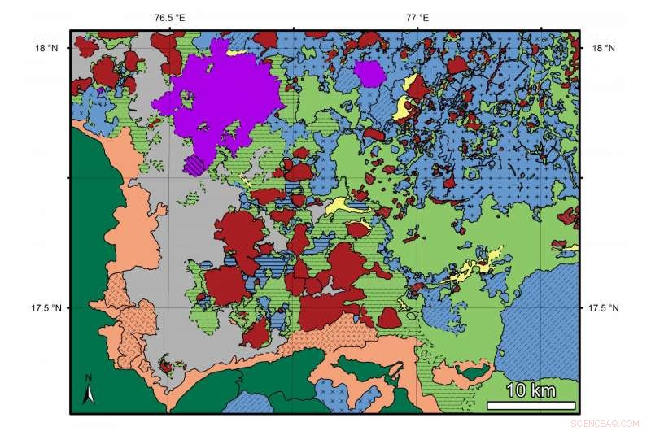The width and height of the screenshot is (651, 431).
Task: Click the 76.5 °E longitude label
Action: (x=169, y=17)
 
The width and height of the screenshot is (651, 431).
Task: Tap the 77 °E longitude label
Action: (x=417, y=17)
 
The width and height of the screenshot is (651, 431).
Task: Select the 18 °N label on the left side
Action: (x=46, y=48)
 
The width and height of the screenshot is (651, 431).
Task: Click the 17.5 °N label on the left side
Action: (x=43, y=308)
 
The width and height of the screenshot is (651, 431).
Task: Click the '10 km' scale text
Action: (x=531, y=390)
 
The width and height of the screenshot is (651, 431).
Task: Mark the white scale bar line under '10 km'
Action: (x=531, y=404)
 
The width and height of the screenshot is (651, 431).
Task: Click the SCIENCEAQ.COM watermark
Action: (x=609, y=423)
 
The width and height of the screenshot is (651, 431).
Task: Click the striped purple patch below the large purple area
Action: (x=194, y=165)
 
